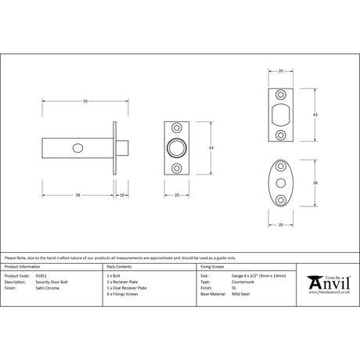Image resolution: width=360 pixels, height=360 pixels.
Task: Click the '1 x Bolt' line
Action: (x=113, y=276)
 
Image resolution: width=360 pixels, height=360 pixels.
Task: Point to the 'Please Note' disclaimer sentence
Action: (x=110, y=257)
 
